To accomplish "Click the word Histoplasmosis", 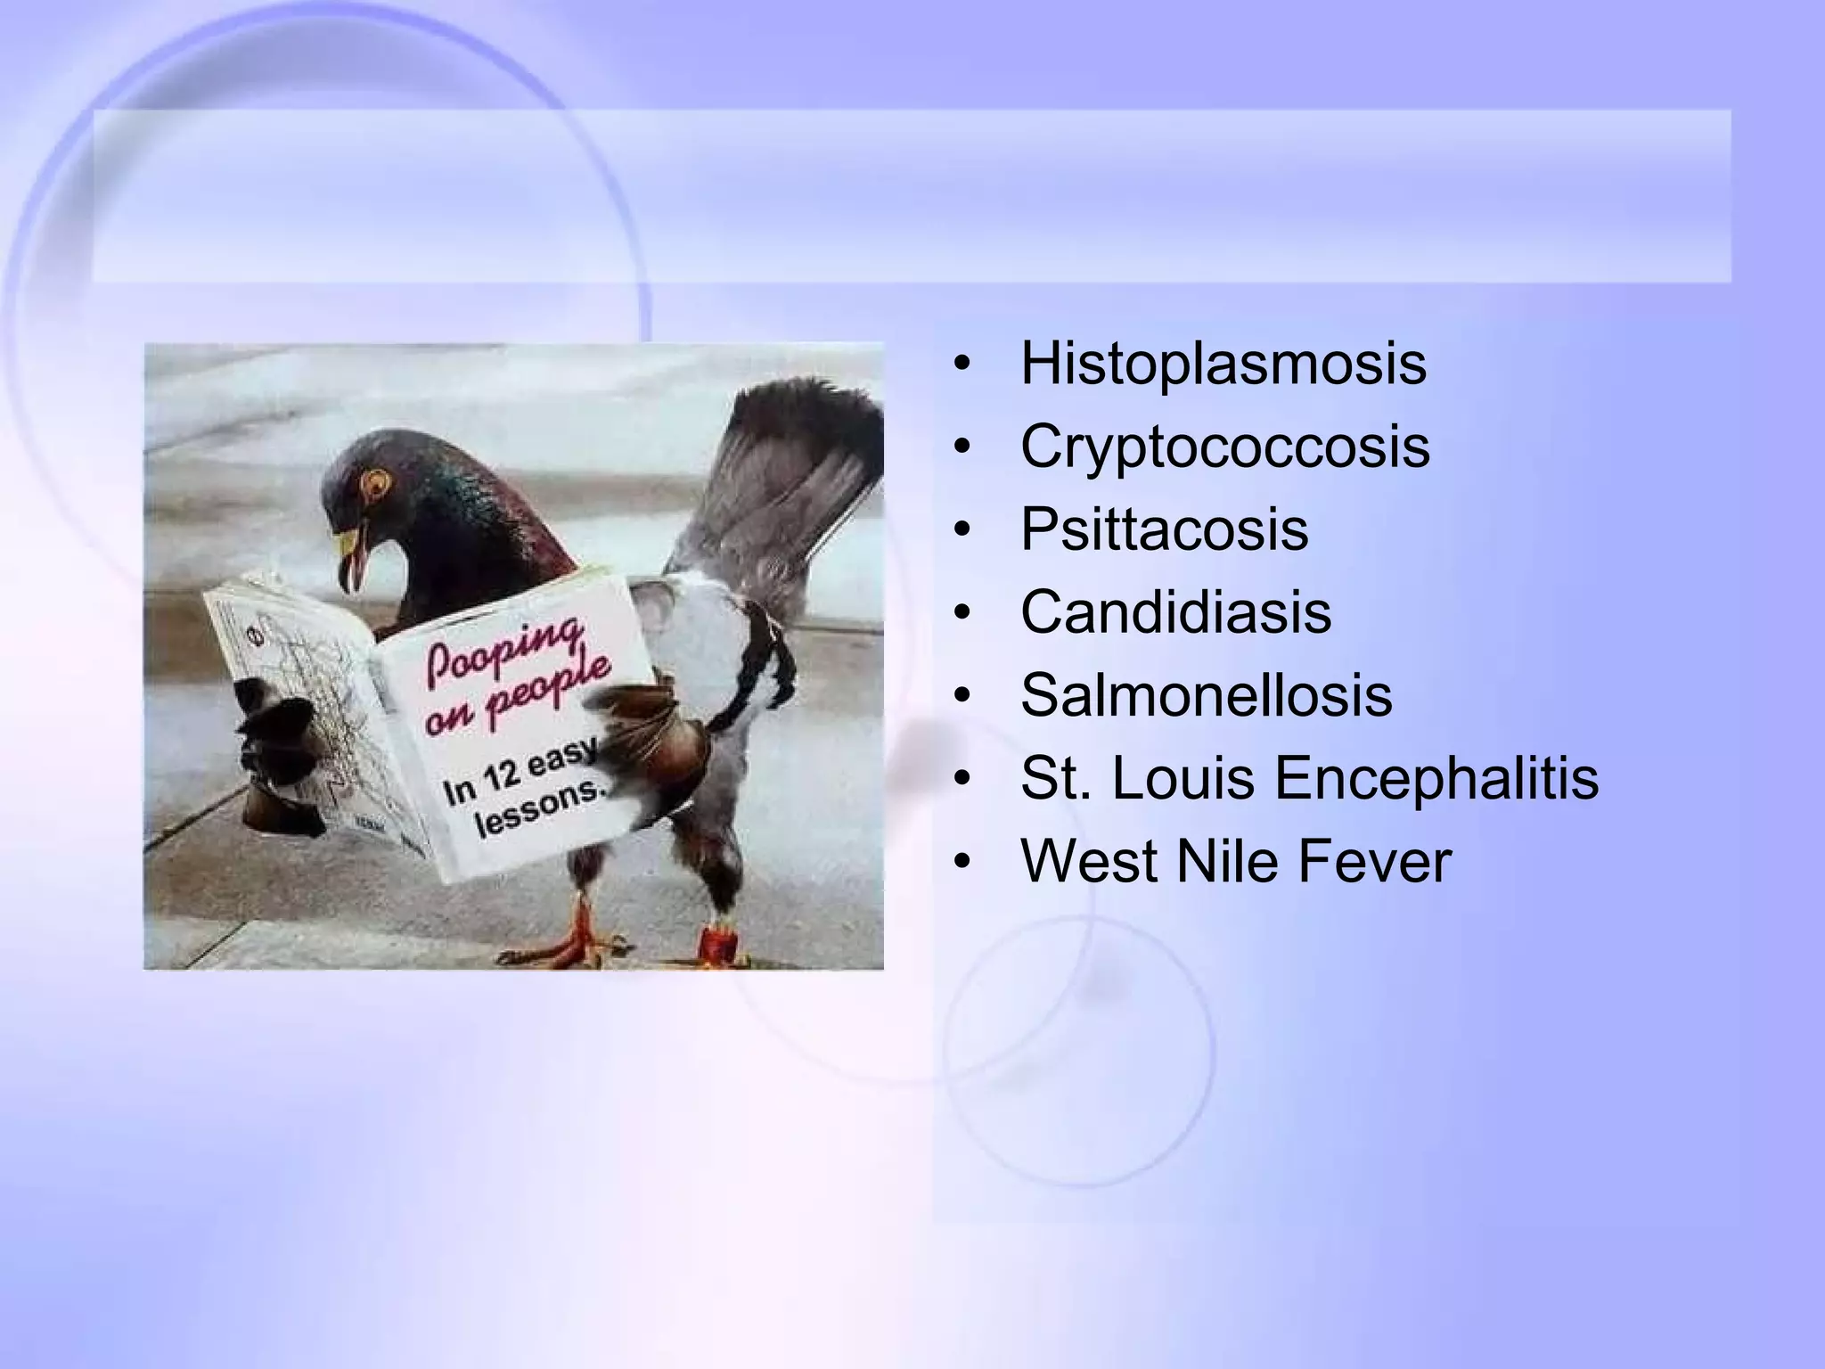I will tap(1223, 364).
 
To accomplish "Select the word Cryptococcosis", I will tap(1224, 447).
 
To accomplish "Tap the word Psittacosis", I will tap(1164, 529).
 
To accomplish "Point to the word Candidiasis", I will tap(1175, 612).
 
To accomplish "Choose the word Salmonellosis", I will tap(1206, 695).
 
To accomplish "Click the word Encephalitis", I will tap(1436, 778).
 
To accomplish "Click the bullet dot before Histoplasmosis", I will tap(960, 365).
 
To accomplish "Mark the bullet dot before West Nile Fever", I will tap(960, 863).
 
